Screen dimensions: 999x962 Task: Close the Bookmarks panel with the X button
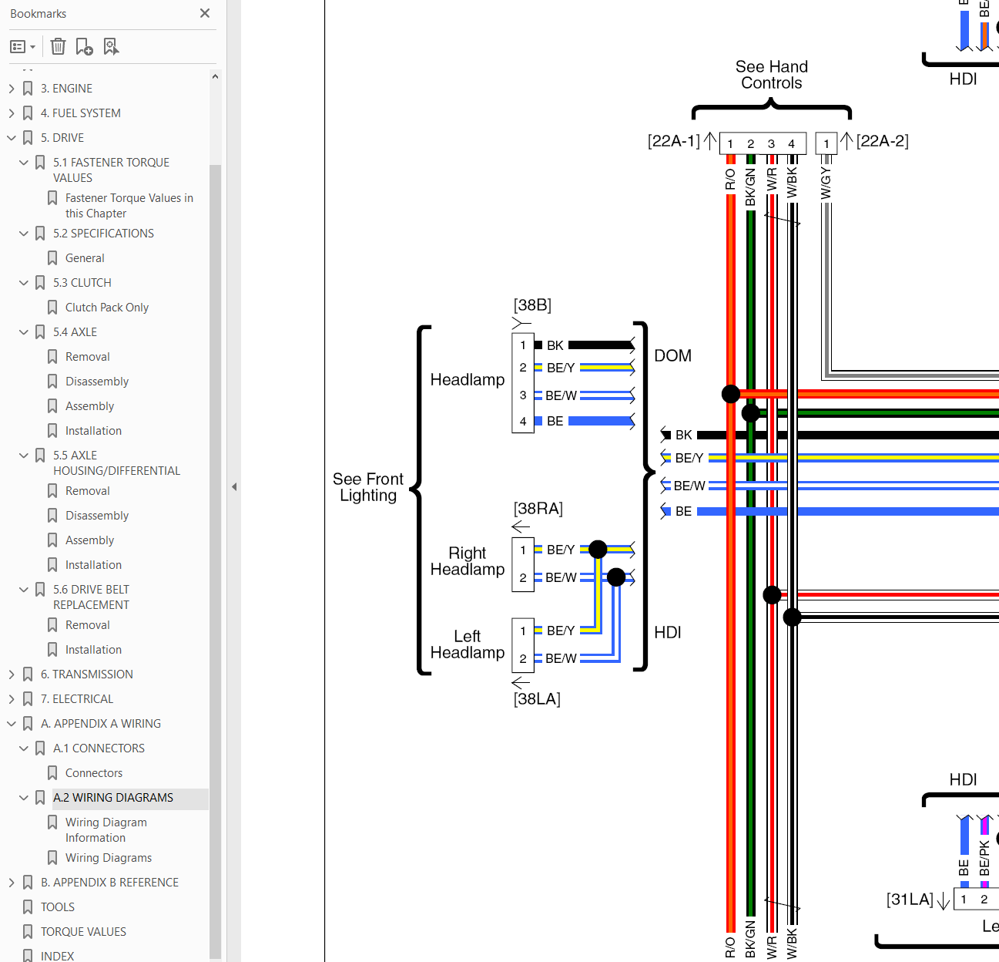click(204, 13)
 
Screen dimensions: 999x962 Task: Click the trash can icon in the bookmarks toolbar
click(58, 47)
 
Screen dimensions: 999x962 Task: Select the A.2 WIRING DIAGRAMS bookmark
click(113, 798)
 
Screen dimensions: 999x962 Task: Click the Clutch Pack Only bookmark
click(107, 308)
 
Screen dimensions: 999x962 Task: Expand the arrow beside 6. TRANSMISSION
click(12, 674)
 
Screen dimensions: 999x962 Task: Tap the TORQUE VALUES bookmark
click(83, 932)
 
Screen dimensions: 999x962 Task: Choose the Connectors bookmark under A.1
click(94, 773)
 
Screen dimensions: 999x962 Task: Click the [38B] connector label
click(532, 305)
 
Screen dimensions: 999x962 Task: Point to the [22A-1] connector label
click(673, 141)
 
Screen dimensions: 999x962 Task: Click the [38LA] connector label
click(537, 699)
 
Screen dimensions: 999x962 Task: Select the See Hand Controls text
click(772, 75)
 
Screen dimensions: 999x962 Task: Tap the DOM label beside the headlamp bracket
click(673, 355)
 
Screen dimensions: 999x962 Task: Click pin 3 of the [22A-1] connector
click(771, 144)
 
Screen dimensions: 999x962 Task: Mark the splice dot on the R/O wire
click(730, 394)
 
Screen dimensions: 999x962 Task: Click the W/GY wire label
click(826, 183)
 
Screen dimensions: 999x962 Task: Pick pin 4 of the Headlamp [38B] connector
click(522, 422)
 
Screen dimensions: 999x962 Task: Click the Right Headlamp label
click(468, 561)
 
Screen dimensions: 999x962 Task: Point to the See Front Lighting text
click(368, 487)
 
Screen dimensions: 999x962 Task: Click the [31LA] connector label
click(910, 900)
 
